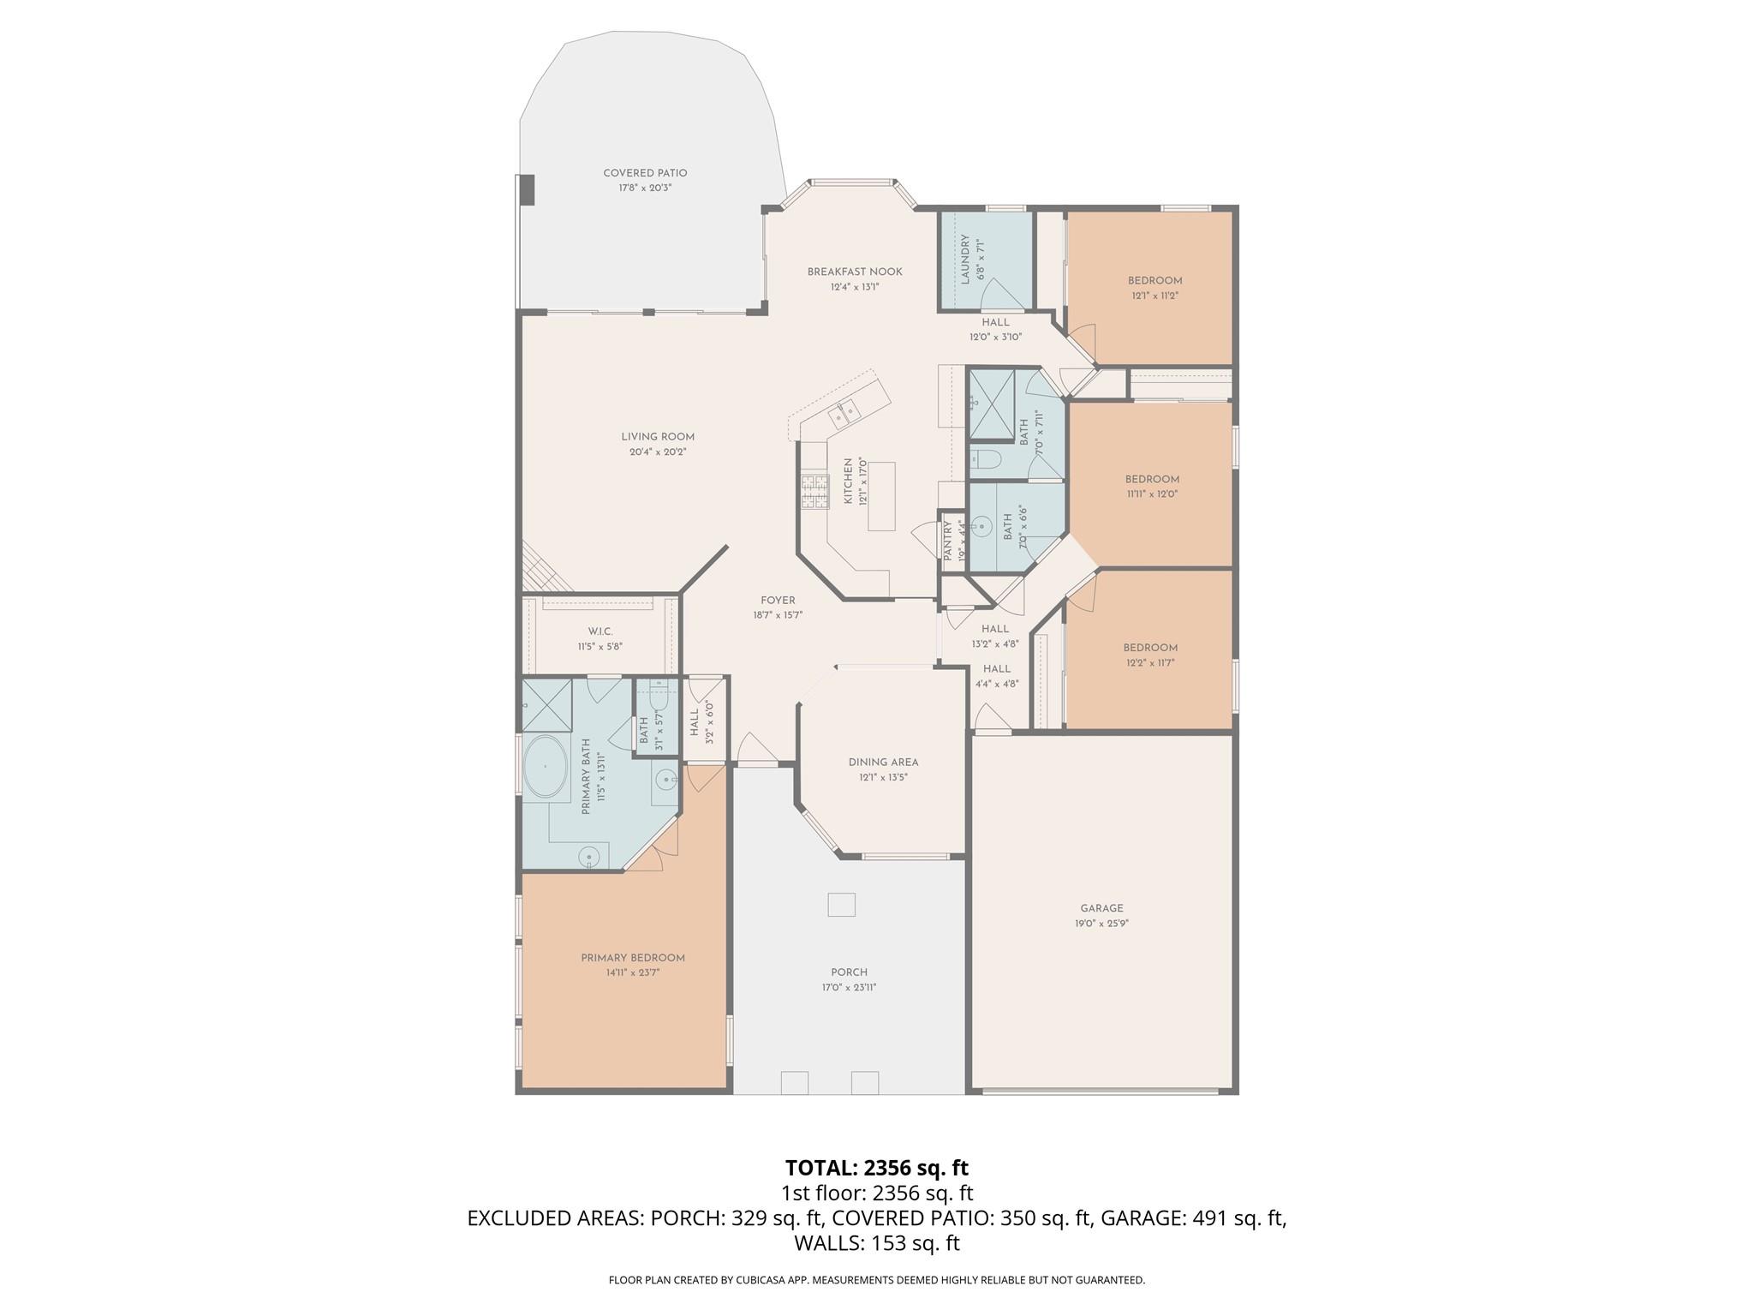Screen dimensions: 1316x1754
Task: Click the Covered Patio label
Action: (645, 173)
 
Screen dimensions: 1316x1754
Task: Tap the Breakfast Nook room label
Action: (854, 272)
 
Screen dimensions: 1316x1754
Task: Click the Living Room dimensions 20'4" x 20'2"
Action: (657, 452)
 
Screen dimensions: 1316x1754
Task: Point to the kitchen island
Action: (881, 496)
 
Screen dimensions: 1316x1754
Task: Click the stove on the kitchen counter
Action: (814, 493)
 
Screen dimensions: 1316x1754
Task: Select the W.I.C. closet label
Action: (600, 631)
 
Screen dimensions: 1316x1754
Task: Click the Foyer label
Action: (778, 601)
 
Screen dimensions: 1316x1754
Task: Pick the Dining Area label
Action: (883, 763)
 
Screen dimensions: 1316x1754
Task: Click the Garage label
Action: (1101, 908)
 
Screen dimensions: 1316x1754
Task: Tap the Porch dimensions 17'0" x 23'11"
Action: (849, 987)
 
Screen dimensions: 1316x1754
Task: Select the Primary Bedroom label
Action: (633, 958)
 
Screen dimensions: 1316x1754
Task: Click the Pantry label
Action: (948, 541)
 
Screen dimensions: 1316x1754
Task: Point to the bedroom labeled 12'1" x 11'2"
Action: (1154, 288)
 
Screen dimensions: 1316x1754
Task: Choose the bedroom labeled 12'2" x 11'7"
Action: (1150, 655)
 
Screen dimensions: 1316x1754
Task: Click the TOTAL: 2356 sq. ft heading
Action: (876, 1168)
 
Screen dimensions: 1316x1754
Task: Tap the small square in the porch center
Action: (841, 905)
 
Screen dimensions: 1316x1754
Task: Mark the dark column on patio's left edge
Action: (527, 189)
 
